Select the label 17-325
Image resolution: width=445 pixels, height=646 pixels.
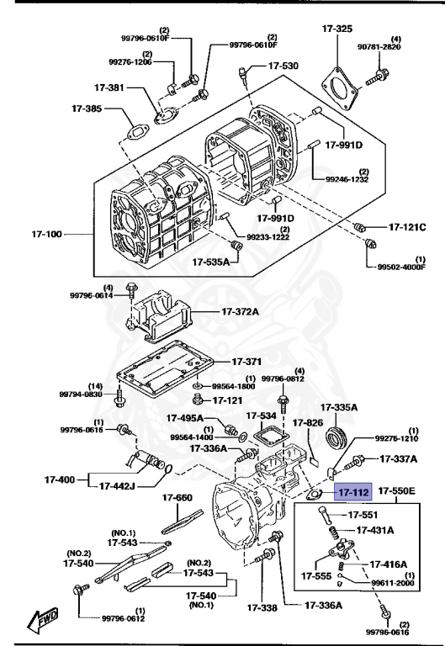[x=337, y=29]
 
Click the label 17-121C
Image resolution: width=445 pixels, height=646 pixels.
[x=407, y=227]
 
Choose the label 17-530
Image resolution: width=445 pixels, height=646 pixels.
[x=283, y=66]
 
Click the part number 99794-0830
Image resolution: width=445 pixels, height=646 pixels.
[x=81, y=394]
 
